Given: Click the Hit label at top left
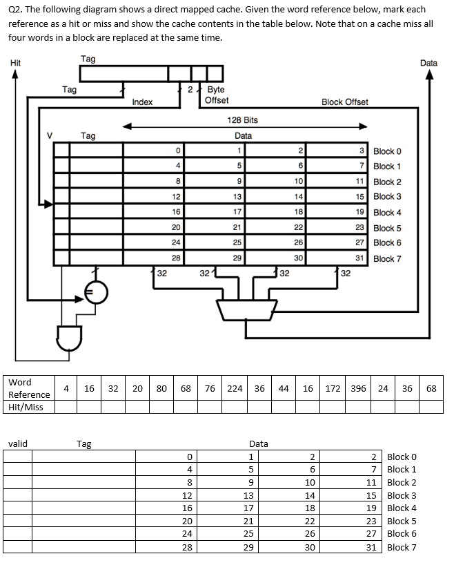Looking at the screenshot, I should pos(15,63).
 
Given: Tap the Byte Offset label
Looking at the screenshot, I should pos(217,95).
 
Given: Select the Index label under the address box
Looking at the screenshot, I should pos(142,102).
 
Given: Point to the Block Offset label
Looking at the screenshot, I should pos(344,102).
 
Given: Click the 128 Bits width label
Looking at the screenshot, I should pos(242,120).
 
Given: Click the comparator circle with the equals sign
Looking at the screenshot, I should pos(96,293).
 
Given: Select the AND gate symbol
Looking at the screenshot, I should pos(70,338).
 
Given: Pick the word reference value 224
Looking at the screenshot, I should pos(235,388).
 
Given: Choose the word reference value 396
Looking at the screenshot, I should pos(358,388).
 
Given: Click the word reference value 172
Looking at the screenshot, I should pos(333,388).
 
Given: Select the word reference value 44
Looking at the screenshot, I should pos(284,388).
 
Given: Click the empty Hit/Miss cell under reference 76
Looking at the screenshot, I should pos(210,407).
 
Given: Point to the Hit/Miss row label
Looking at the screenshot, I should pos(26,407).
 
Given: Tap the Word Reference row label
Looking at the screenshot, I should pos(28,388).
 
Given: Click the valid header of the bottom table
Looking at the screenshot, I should pos(17,443).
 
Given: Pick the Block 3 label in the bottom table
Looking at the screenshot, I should pos(402,495).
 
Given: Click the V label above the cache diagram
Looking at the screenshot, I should pos(49,135).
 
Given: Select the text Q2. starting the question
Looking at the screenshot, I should pos(17,10).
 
